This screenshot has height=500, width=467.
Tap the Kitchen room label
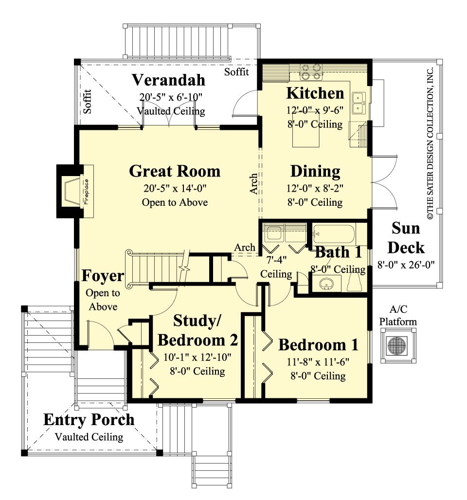click(315, 92)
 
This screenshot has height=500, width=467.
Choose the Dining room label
click(315, 171)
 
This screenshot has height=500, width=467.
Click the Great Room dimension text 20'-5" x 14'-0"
click(175, 187)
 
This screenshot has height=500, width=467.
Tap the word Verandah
click(168, 79)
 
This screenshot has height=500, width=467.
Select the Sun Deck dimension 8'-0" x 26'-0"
click(406, 264)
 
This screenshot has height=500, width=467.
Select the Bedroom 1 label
click(318, 344)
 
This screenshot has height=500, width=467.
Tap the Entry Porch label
click(89, 420)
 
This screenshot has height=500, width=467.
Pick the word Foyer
click(102, 276)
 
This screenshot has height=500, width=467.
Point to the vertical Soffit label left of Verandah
click(87, 101)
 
